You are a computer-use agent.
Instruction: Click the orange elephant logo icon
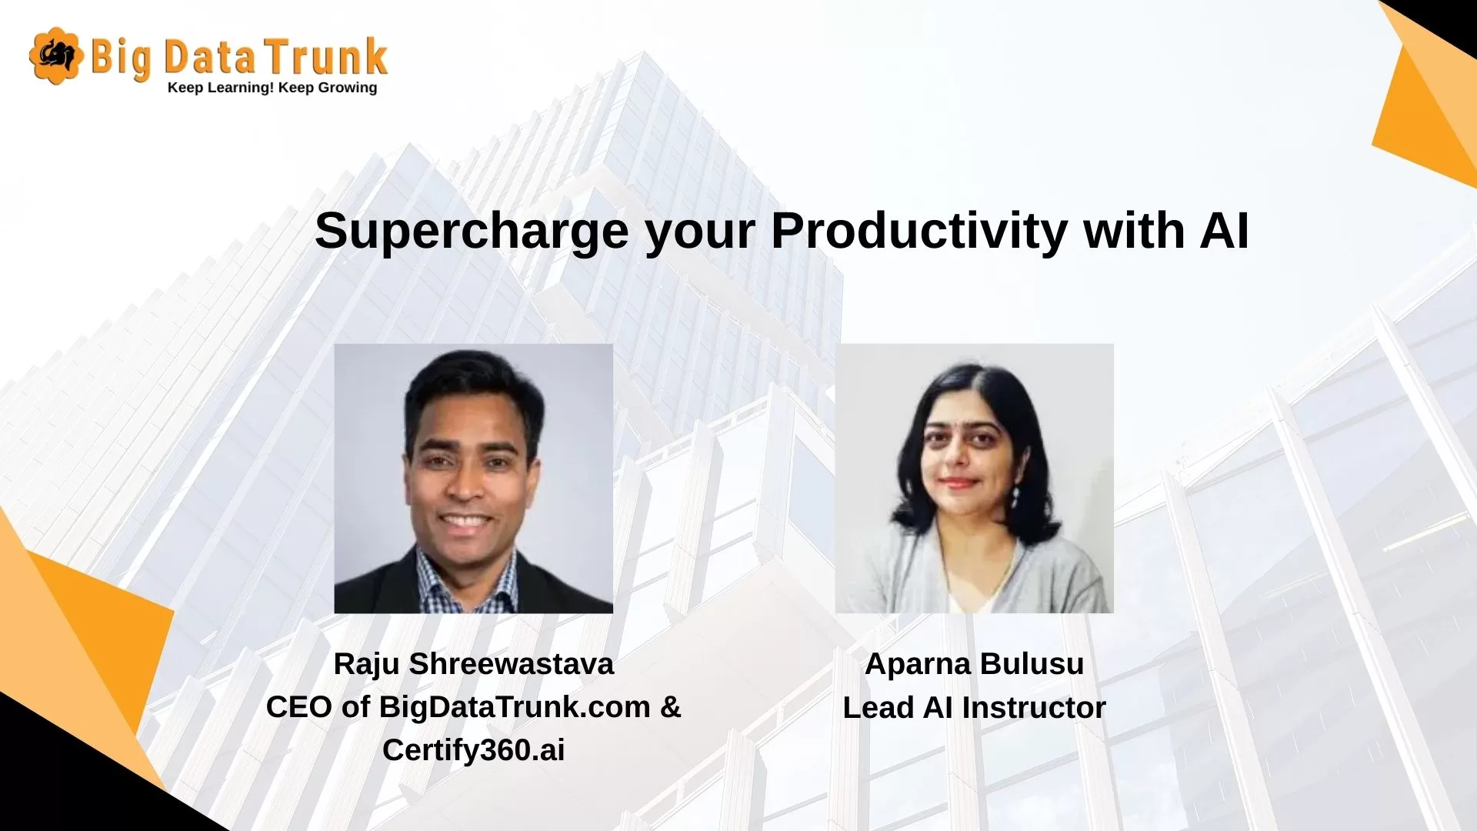[x=56, y=55]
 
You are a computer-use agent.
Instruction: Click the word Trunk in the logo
[x=327, y=57]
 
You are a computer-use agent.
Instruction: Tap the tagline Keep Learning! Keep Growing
[x=272, y=88]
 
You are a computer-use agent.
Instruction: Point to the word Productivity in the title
[x=919, y=231]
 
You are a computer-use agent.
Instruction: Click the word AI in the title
[x=1224, y=230]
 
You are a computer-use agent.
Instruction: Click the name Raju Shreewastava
[x=474, y=664]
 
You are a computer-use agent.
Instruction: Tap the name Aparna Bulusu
[x=975, y=664]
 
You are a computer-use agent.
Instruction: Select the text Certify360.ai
[x=474, y=750]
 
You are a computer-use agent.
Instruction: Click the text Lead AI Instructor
[x=975, y=708]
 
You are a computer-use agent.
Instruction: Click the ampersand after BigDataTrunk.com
[x=671, y=707]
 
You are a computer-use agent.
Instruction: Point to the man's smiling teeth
[x=465, y=522]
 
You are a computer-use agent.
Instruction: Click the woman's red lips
[x=959, y=483]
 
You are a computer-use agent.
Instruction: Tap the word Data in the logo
[x=209, y=58]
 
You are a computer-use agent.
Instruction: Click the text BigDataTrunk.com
[x=515, y=707]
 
